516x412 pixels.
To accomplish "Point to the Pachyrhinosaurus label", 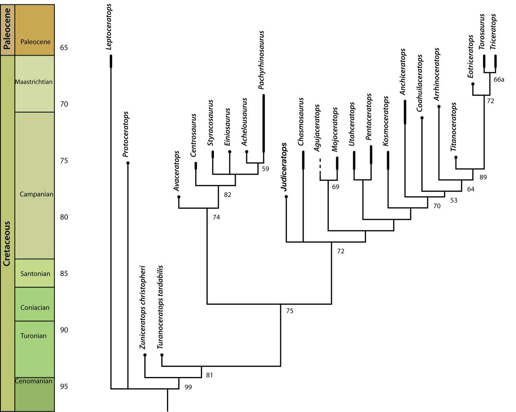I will click(x=262, y=60).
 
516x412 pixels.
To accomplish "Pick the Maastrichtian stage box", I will click(x=34, y=82).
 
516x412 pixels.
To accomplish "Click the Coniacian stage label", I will click(x=35, y=307).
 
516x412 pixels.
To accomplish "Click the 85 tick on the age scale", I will click(x=64, y=274).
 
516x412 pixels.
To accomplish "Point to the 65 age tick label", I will click(x=64, y=48).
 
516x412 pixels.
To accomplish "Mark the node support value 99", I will click(x=188, y=387).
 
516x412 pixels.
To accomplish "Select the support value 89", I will click(x=483, y=177).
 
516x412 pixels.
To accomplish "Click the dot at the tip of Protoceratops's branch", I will click(x=128, y=163).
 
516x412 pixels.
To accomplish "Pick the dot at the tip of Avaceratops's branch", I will click(x=178, y=197).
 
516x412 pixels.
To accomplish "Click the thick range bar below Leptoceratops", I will click(x=110, y=61).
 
